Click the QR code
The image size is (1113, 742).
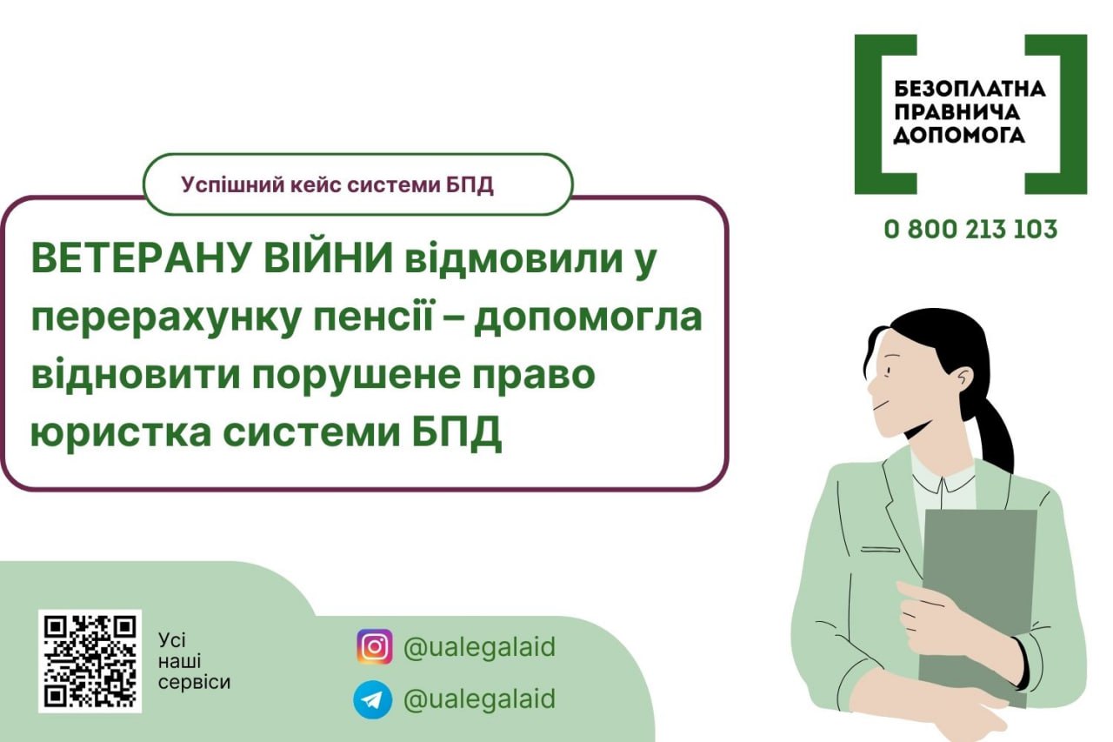coord(90,661)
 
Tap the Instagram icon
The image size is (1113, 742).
coord(375,647)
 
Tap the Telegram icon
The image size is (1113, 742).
coord(373,699)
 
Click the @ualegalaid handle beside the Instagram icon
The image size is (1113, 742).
coord(479,647)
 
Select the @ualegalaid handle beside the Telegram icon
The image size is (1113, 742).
coord(479,699)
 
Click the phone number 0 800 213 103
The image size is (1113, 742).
coord(970,230)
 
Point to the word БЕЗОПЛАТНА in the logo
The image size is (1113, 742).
coord(970,90)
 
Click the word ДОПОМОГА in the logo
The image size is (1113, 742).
coord(959,135)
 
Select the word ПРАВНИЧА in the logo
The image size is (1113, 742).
coord(957,112)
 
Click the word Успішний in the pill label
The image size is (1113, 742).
coord(230,185)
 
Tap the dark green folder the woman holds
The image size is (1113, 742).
coord(978,606)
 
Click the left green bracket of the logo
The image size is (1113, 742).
coord(885,114)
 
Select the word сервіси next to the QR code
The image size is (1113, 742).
coord(194,682)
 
